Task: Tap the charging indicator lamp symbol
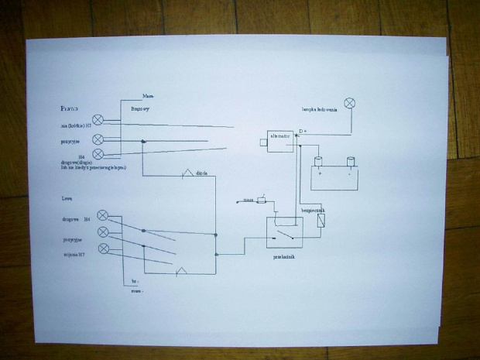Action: point(349,103)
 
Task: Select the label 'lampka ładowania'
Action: point(319,109)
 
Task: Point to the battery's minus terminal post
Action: point(349,161)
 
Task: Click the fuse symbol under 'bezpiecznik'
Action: point(321,220)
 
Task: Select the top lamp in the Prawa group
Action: point(98,120)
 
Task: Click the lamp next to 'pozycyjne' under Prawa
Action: point(98,139)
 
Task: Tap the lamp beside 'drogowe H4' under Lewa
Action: point(101,215)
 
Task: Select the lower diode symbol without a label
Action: point(180,271)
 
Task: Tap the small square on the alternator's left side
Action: point(263,142)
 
